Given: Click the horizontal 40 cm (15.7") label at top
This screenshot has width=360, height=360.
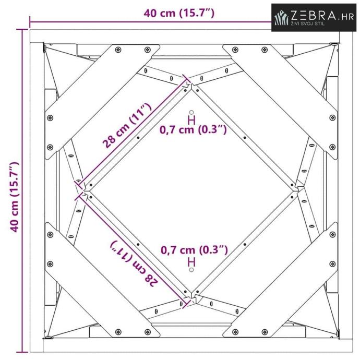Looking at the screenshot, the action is tap(179, 13).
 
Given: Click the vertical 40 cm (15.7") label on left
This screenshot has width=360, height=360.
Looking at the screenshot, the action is tap(14, 197).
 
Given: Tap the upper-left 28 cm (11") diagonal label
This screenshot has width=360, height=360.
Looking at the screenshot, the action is tap(127, 125).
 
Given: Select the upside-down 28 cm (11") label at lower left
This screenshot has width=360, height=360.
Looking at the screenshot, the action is tap(134, 263).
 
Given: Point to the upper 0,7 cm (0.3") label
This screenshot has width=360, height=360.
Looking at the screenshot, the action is tap(193, 130).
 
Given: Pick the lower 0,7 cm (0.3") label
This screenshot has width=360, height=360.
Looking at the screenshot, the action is tap(194, 250).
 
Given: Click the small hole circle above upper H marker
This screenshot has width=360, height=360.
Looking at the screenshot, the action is tap(191, 112).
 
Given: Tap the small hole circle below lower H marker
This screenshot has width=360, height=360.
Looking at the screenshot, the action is tap(191, 270).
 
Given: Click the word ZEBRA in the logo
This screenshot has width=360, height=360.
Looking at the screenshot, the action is tap(314, 16).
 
